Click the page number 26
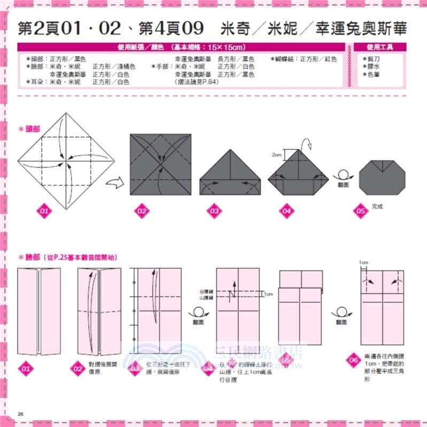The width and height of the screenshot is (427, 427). tap(21, 415)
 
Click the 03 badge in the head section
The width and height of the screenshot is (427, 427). tap(214, 212)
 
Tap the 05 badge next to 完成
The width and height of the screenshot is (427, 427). tap(361, 210)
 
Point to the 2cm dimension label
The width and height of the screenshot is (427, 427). tap(276, 155)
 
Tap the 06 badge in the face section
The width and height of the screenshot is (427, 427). tap(352, 359)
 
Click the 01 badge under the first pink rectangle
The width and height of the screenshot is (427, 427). tap(25, 368)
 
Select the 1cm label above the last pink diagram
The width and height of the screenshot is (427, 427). tap(364, 263)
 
